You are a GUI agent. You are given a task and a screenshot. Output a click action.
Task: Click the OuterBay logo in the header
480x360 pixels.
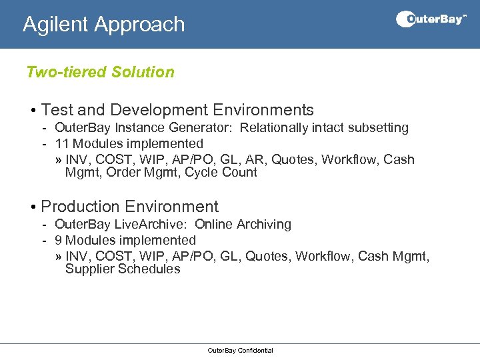pyautogui.click(x=431, y=19)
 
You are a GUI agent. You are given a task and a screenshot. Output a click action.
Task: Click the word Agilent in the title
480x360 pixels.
pyautogui.click(x=56, y=25)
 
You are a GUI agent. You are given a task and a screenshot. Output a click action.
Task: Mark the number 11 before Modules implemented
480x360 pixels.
pyautogui.click(x=62, y=143)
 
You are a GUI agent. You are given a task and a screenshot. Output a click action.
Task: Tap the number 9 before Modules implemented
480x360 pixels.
pyautogui.click(x=59, y=240)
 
